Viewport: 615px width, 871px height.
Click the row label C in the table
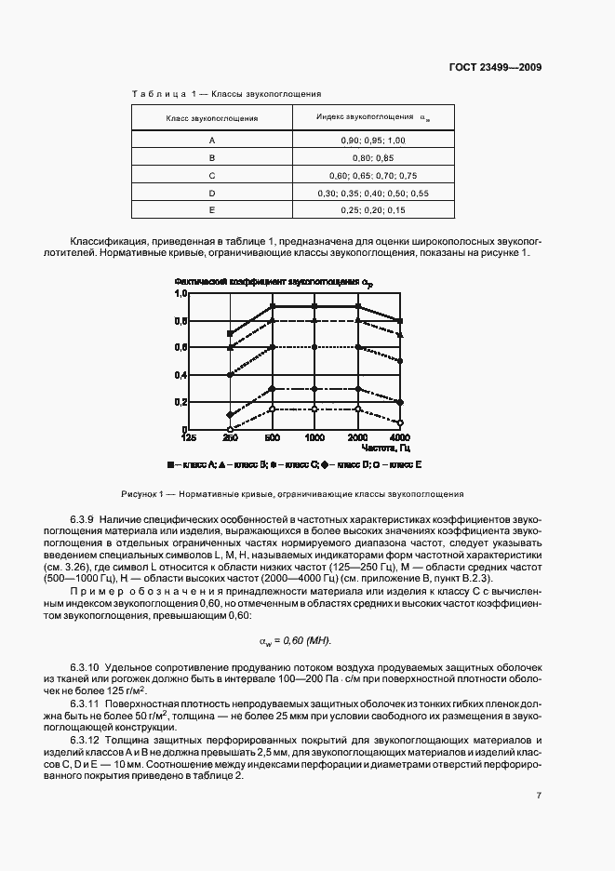pos(212,175)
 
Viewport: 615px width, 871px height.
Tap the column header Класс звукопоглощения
pos(212,118)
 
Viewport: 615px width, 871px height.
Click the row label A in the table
pos(212,140)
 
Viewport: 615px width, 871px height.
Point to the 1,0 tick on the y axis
pos(180,293)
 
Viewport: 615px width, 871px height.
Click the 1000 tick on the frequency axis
pos(315,436)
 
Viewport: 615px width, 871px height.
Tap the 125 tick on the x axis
pos(189,436)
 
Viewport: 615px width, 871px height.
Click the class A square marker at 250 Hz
pos(231,333)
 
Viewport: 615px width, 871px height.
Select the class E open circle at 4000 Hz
pos(400,422)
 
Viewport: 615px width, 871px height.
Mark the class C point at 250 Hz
pos(231,374)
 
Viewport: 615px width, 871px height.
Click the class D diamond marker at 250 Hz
pos(231,415)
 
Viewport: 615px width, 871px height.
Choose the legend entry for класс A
pos(192,462)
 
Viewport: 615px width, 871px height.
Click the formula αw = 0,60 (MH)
pos(307,641)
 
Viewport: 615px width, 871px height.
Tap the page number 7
pos(539,795)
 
